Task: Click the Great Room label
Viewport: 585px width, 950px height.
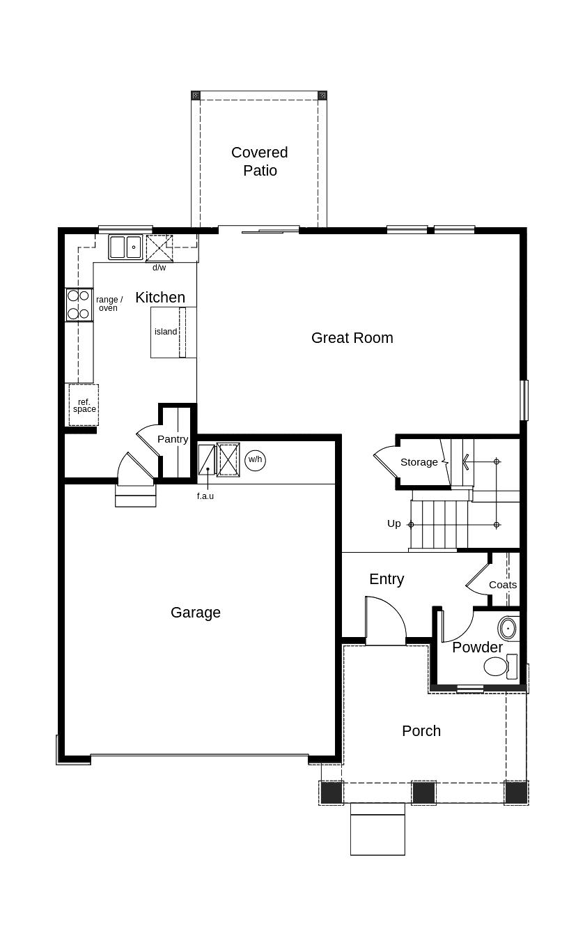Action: (352, 338)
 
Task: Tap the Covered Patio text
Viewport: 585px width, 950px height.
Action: (260, 161)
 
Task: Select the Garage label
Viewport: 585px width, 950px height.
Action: (196, 613)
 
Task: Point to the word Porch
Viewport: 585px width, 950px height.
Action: (421, 731)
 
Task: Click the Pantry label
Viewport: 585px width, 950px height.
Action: (173, 439)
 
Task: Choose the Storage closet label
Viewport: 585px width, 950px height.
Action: (419, 462)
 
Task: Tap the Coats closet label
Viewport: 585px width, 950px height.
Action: (503, 585)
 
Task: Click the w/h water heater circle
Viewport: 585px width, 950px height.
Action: (255, 460)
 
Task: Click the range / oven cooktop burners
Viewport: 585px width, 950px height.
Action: (79, 305)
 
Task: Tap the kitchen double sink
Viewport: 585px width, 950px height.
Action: (125, 247)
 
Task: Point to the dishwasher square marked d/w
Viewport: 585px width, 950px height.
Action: (159, 248)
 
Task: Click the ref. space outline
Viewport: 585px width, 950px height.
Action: (84, 405)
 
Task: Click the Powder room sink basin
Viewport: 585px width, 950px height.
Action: (508, 628)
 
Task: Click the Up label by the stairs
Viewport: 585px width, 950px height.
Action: (394, 523)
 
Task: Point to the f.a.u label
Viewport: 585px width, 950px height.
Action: (205, 496)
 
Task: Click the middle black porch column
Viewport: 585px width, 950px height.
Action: (423, 792)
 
